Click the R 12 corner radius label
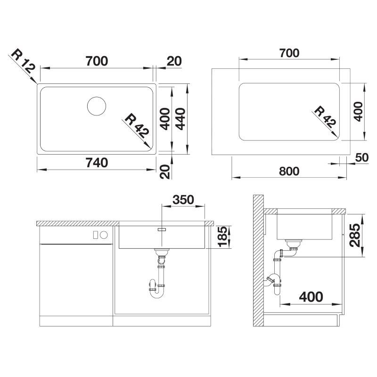click(23, 61)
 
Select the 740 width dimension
click(97, 163)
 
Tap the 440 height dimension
click(180, 119)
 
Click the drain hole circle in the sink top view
click(97, 106)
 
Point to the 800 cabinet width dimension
click(289, 171)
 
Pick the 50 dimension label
click(361, 157)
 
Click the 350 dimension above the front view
click(183, 199)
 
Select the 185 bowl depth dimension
click(222, 237)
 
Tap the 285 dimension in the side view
click(355, 235)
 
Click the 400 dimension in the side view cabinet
click(311, 297)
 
